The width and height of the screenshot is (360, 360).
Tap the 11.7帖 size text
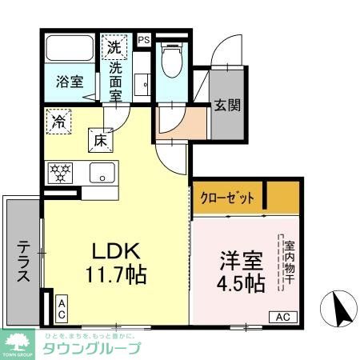tap(116, 276)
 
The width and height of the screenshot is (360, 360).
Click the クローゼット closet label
tap(227, 196)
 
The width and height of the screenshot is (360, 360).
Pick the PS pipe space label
tap(144, 38)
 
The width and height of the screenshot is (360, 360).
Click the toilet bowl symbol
tap(170, 58)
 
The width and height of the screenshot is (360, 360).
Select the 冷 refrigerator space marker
tap(59, 122)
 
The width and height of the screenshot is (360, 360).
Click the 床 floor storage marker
tap(101, 139)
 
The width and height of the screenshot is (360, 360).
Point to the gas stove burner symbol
tap(59, 171)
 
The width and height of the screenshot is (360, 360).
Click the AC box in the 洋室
tap(282, 316)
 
